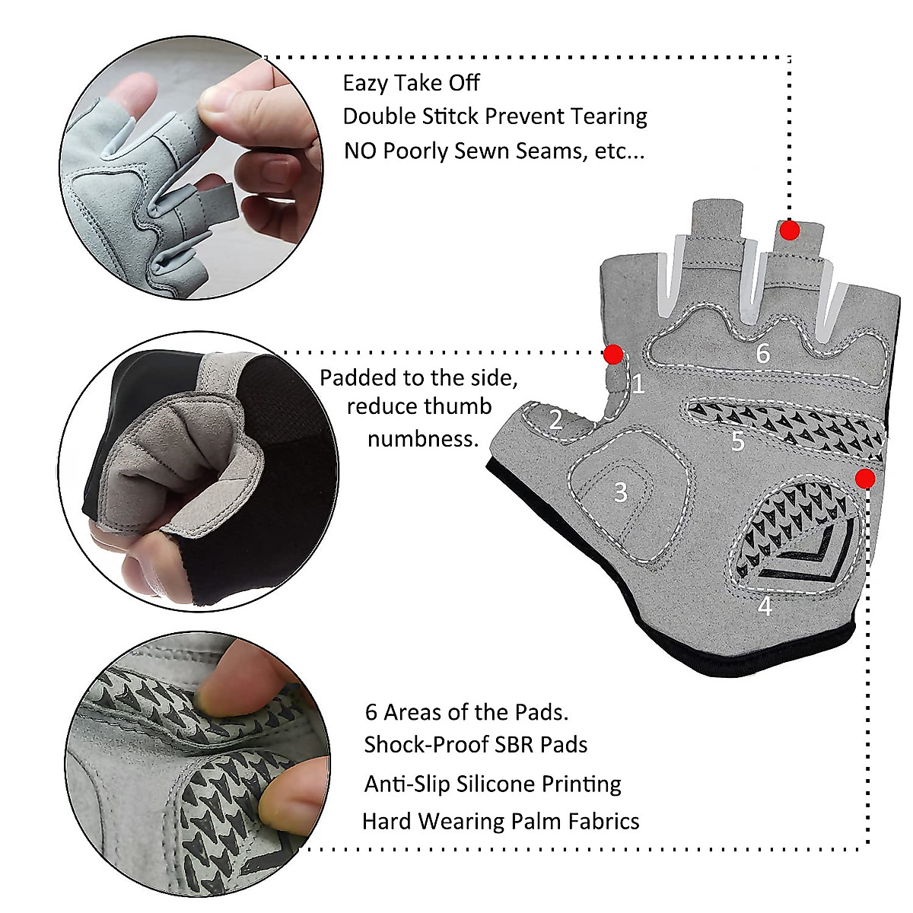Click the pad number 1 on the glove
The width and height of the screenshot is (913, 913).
coord(638,383)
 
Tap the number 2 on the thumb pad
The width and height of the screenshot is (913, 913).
coord(556,419)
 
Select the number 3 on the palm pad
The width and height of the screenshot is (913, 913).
coord(621,492)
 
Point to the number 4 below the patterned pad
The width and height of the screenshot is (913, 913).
coord(765,606)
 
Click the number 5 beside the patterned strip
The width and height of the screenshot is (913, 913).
coord(737,441)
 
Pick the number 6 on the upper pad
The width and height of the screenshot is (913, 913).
coord(763,353)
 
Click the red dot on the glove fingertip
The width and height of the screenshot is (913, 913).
coord(790,230)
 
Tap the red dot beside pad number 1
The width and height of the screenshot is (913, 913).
coord(613,354)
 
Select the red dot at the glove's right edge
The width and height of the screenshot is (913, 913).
coord(864,478)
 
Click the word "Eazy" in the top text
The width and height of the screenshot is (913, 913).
coord(365,83)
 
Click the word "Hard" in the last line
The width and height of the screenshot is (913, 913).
coord(387,822)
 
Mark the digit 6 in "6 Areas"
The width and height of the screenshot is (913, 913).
coord(371,712)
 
